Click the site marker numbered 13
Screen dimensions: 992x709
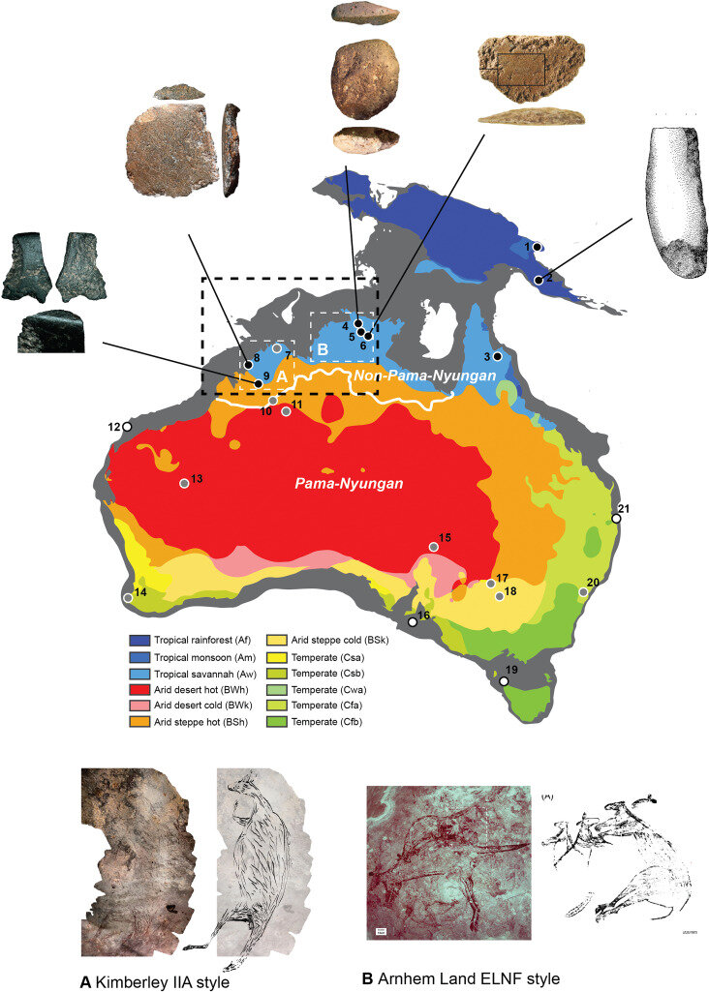184,483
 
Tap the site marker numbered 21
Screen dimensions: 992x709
615,519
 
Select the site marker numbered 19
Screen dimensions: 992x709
504,681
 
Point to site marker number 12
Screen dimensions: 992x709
126,427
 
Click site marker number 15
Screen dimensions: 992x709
434,548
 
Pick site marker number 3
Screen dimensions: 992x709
497,356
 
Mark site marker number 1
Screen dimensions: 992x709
537,248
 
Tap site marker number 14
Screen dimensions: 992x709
129,598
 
